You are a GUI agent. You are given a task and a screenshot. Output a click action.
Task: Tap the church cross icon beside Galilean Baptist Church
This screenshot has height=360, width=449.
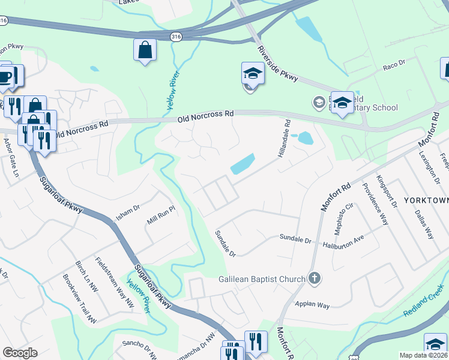tap(315, 278)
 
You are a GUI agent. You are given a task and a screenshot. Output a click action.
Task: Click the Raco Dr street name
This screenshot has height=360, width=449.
tap(394, 65)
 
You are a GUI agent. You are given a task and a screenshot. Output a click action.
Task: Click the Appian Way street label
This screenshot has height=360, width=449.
tap(312, 305)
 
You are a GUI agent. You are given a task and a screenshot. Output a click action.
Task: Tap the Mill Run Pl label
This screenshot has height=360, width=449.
tap(160, 215)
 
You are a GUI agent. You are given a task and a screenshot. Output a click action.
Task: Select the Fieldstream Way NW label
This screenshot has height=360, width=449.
tap(114, 282)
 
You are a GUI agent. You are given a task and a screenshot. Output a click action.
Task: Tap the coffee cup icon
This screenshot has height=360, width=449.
tap(5, 77)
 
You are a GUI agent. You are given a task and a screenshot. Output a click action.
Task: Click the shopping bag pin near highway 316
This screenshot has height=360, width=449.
tap(145, 50)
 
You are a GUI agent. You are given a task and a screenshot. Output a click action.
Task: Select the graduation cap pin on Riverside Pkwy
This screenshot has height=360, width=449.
tap(253, 74)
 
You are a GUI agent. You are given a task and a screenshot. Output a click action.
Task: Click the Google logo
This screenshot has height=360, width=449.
tap(20, 353)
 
